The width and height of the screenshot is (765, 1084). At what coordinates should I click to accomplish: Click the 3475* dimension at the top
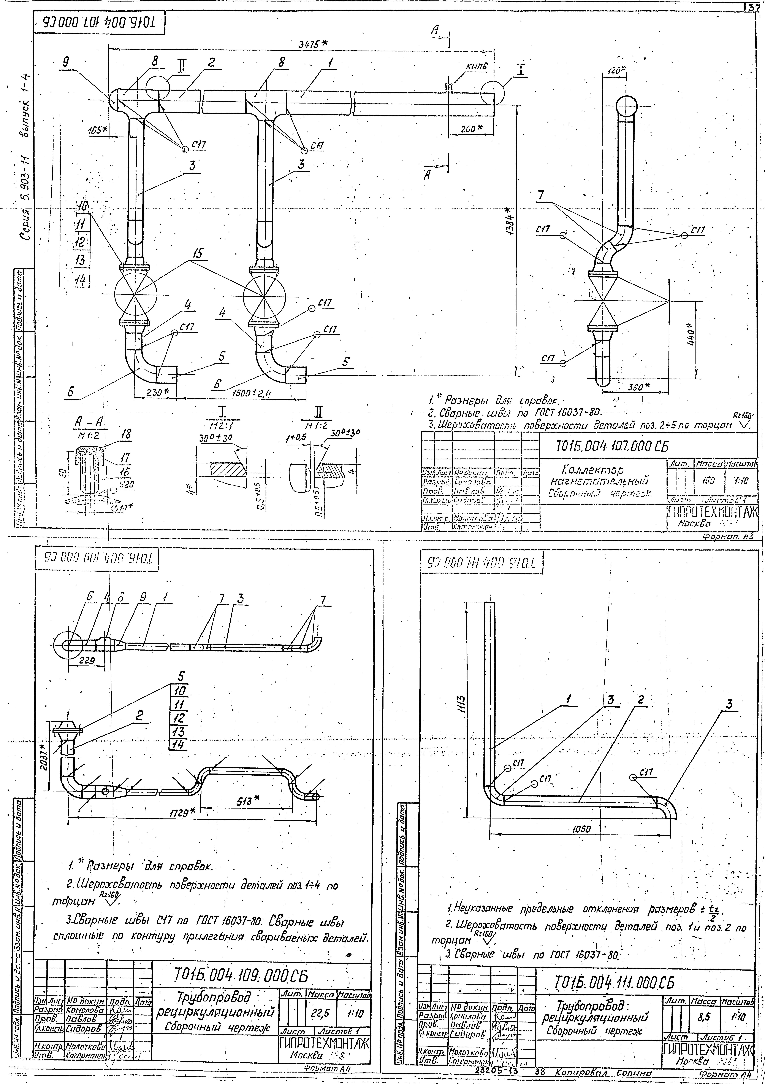coord(313,44)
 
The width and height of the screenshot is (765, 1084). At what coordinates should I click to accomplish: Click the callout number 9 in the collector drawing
coord(66,61)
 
